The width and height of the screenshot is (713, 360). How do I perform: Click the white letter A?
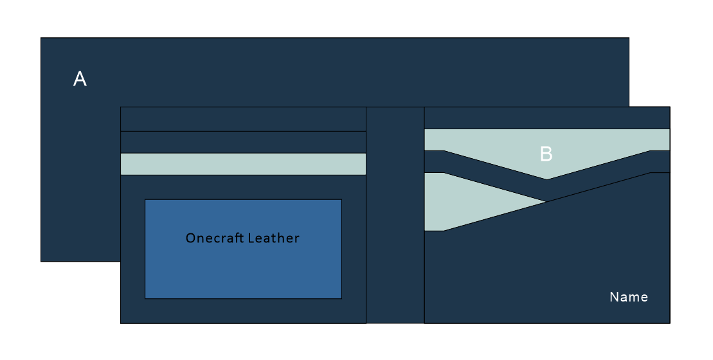pyautogui.click(x=80, y=79)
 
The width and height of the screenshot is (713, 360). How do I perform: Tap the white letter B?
pyautogui.click(x=546, y=154)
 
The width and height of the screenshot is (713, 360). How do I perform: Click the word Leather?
pyautogui.click(x=275, y=238)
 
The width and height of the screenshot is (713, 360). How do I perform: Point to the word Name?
pyautogui.click(x=628, y=297)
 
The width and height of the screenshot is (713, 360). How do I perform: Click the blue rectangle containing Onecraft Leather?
pyautogui.click(x=243, y=270)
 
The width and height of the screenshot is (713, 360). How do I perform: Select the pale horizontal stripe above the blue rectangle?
pyautogui.click(x=243, y=164)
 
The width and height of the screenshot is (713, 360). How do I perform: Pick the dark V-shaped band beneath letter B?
pyautogui.click(x=547, y=190)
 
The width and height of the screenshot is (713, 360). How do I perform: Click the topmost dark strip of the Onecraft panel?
pyautogui.click(x=243, y=119)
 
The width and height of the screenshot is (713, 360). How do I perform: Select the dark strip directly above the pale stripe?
pyautogui.click(x=243, y=142)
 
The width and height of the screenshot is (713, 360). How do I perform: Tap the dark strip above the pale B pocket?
pyautogui.click(x=547, y=118)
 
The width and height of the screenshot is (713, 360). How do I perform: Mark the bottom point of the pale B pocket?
pyautogui.click(x=547, y=179)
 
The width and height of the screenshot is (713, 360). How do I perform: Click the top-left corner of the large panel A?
pyautogui.click(x=41, y=38)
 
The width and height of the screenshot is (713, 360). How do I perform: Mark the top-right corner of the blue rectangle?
pyautogui.click(x=341, y=199)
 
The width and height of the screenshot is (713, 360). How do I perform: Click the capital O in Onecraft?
pyautogui.click(x=190, y=238)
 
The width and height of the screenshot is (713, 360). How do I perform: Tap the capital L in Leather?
pyautogui.click(x=254, y=238)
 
